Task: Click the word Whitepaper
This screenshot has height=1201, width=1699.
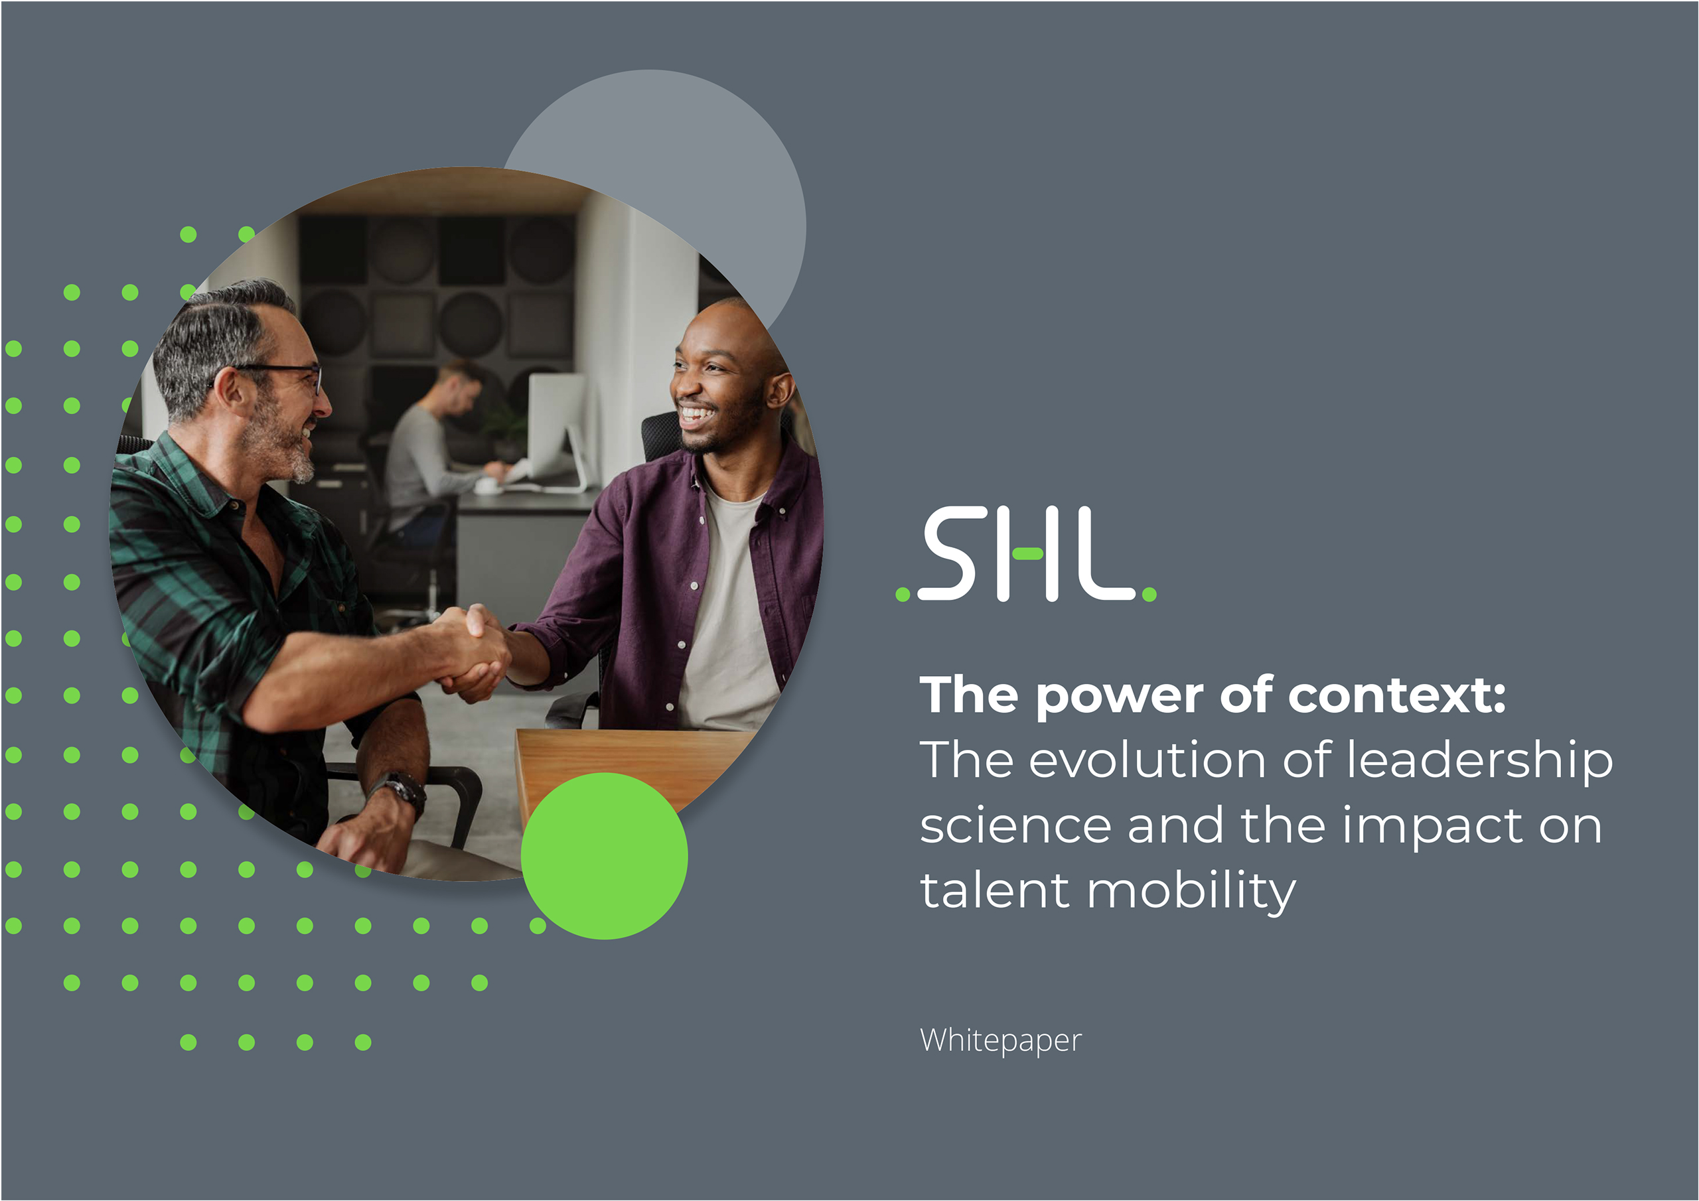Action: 1000,1041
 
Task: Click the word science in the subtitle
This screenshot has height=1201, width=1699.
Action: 1015,827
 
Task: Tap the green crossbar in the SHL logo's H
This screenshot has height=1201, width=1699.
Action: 1027,553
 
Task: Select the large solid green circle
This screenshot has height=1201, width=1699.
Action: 604,856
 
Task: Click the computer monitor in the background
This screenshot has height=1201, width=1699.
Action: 556,429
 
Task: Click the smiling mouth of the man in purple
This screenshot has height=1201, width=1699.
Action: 696,415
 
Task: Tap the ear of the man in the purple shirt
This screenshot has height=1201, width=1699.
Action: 779,388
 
